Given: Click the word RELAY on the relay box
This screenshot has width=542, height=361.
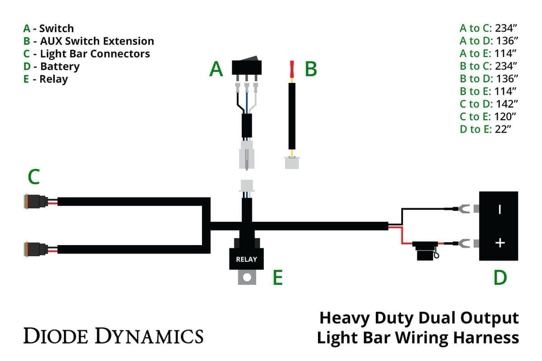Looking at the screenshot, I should coord(246,259).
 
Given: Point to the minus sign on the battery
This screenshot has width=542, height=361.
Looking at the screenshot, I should coord(500,209).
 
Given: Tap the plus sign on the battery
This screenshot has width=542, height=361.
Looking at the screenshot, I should coord(500,243).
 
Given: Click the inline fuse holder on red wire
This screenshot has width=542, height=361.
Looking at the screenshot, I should coord(425,250).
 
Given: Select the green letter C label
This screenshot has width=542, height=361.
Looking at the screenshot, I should coord(33,177).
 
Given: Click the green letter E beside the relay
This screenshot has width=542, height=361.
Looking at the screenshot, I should coord(277,278).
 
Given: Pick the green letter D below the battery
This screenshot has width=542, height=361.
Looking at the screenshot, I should coord(500,278).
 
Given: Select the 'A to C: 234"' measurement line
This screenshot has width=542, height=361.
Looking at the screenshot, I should coord(488,28).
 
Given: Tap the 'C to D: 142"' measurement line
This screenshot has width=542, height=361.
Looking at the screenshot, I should coord(488,104).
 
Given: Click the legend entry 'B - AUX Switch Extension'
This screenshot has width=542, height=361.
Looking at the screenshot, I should coord(89,41).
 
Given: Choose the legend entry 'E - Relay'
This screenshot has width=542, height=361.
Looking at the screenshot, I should coord(46,79).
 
